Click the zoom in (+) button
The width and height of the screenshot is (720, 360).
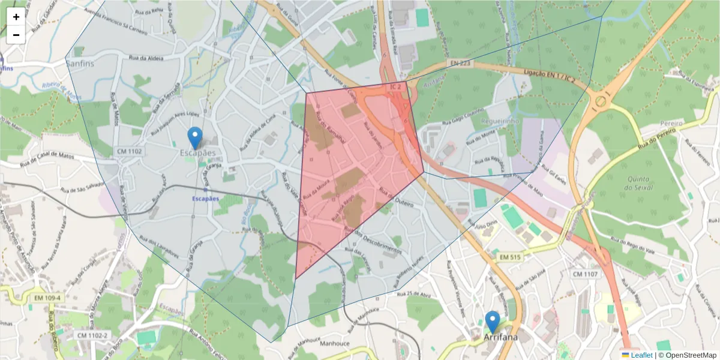pyautogui.click(x=16, y=17)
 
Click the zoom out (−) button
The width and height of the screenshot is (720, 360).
pyautogui.click(x=16, y=35)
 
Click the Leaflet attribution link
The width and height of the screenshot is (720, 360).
pyautogui.click(x=641, y=355)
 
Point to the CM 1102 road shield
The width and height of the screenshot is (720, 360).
pyautogui.click(x=130, y=152)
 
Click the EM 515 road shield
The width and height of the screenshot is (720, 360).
pyautogui.click(x=511, y=257)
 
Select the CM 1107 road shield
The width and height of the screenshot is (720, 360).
pyautogui.click(x=585, y=274)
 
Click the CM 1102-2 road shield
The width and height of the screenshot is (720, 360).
pyautogui.click(x=92, y=335)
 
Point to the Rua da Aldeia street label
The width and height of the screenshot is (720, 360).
pyautogui.click(x=143, y=58)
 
